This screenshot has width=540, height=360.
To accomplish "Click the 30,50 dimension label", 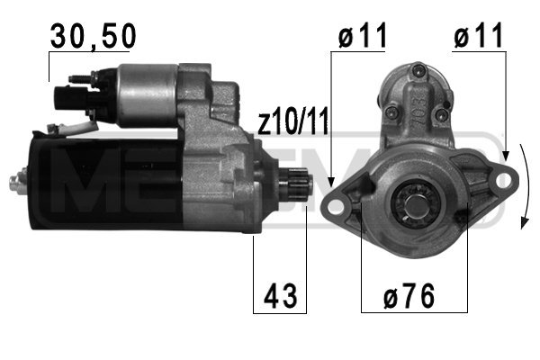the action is pos(94,36).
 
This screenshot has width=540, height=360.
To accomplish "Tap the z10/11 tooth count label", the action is pos(293,121).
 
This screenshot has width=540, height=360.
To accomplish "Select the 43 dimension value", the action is pos(280,296).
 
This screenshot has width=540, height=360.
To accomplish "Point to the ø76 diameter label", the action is pos(409,296).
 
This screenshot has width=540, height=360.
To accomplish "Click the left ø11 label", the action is pos(363,35).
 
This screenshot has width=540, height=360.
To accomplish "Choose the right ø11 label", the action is pos(479,35).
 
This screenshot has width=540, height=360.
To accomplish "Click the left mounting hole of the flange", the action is pos(334,207).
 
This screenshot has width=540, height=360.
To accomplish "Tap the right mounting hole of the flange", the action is pos(503,180).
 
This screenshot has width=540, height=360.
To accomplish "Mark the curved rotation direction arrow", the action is pos(527,186).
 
